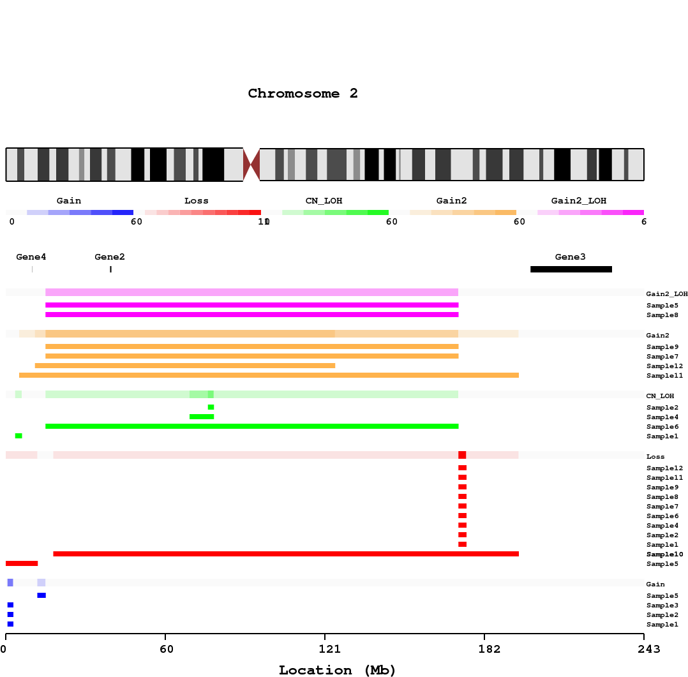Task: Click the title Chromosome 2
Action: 303,94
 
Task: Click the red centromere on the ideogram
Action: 251,165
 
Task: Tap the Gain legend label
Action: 69,201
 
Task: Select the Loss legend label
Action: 197,201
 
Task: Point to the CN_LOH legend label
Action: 324,201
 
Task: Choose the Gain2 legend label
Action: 452,201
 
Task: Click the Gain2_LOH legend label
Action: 579,201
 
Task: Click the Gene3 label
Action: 570,257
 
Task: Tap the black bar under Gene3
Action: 571,269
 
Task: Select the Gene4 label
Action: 31,257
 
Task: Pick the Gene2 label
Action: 110,257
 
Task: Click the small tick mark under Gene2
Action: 110,269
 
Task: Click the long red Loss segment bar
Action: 286,554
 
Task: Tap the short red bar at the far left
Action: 22,563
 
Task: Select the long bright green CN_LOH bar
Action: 252,426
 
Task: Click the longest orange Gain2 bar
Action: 269,375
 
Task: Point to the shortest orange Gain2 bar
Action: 185,366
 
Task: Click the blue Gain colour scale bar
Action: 80,212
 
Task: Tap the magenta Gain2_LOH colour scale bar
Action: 590,212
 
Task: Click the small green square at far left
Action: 19,436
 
